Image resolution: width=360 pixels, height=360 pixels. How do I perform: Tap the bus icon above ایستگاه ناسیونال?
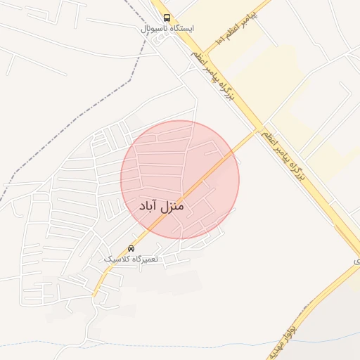166,18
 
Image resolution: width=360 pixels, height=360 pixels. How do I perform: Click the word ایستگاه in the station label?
180,29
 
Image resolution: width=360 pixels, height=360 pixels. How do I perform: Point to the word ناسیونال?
153,29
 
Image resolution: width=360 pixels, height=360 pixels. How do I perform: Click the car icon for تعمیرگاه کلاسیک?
131,248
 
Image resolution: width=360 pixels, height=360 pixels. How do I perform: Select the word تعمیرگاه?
146,259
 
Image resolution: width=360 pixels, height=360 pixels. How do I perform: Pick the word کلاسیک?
117,259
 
